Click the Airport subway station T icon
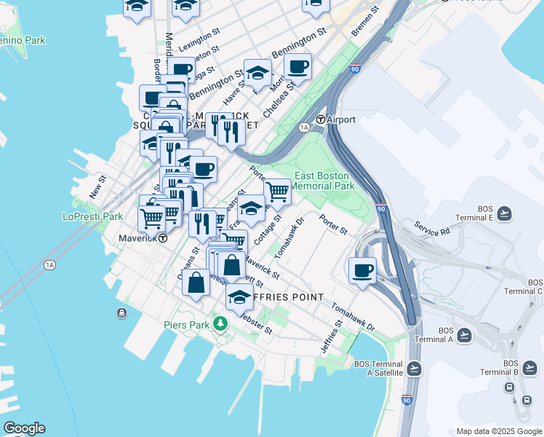tap(320, 119)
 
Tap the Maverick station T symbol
tap(164, 237)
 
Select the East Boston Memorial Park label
tap(324, 181)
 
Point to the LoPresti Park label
tap(92, 216)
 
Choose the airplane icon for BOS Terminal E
tap(504, 213)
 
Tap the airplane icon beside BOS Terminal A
tap(464, 334)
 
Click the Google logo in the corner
tap(24, 428)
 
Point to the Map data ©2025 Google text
tap(498, 431)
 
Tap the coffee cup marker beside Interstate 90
tap(362, 271)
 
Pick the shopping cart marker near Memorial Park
tap(277, 192)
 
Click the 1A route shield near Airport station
tap(305, 127)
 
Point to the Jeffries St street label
tap(331, 338)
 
